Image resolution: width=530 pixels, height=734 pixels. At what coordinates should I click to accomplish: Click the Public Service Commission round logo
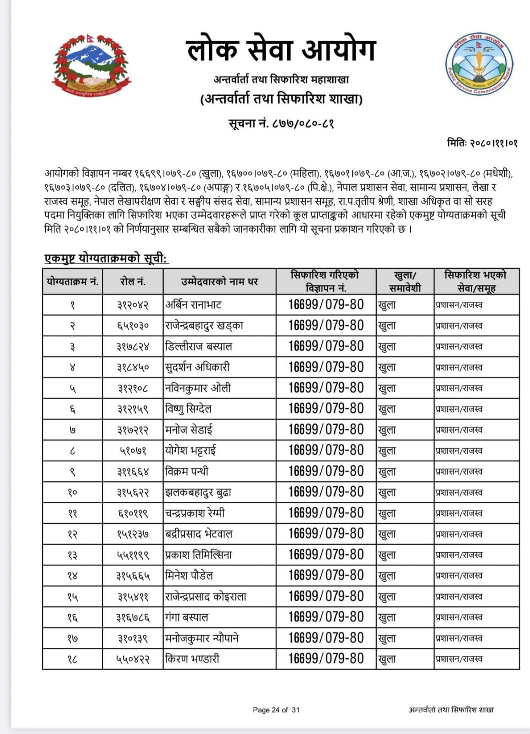(479, 65)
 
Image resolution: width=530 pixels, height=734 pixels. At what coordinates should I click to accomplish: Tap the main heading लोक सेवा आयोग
(281, 50)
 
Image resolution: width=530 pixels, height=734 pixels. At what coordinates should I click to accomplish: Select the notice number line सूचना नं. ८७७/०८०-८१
(281, 123)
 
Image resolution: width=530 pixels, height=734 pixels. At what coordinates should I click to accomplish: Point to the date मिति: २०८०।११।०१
(482, 143)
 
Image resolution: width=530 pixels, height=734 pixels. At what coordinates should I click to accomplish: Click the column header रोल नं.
(133, 282)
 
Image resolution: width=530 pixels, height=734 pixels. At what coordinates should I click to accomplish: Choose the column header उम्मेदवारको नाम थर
(219, 282)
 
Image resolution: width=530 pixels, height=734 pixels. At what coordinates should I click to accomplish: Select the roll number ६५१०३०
(133, 326)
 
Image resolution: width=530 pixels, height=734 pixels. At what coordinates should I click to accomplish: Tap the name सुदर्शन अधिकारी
(197, 367)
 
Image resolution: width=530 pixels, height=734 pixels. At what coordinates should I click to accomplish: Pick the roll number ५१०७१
(133, 451)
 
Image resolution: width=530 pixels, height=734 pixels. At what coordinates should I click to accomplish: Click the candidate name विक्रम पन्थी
(187, 471)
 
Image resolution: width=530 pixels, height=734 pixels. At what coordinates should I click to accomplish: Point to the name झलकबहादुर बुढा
(198, 492)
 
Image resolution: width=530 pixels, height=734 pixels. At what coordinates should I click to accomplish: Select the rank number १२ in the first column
(73, 534)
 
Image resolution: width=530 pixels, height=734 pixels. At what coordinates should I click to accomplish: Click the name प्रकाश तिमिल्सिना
(199, 555)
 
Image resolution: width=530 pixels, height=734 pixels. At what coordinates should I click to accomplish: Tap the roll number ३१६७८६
(133, 617)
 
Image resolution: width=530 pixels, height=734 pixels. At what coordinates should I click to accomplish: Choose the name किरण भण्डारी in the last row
(192, 659)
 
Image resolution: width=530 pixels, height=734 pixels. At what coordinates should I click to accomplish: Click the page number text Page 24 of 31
(276, 710)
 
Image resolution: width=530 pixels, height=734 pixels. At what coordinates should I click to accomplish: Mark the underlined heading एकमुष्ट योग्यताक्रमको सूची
(106, 259)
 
